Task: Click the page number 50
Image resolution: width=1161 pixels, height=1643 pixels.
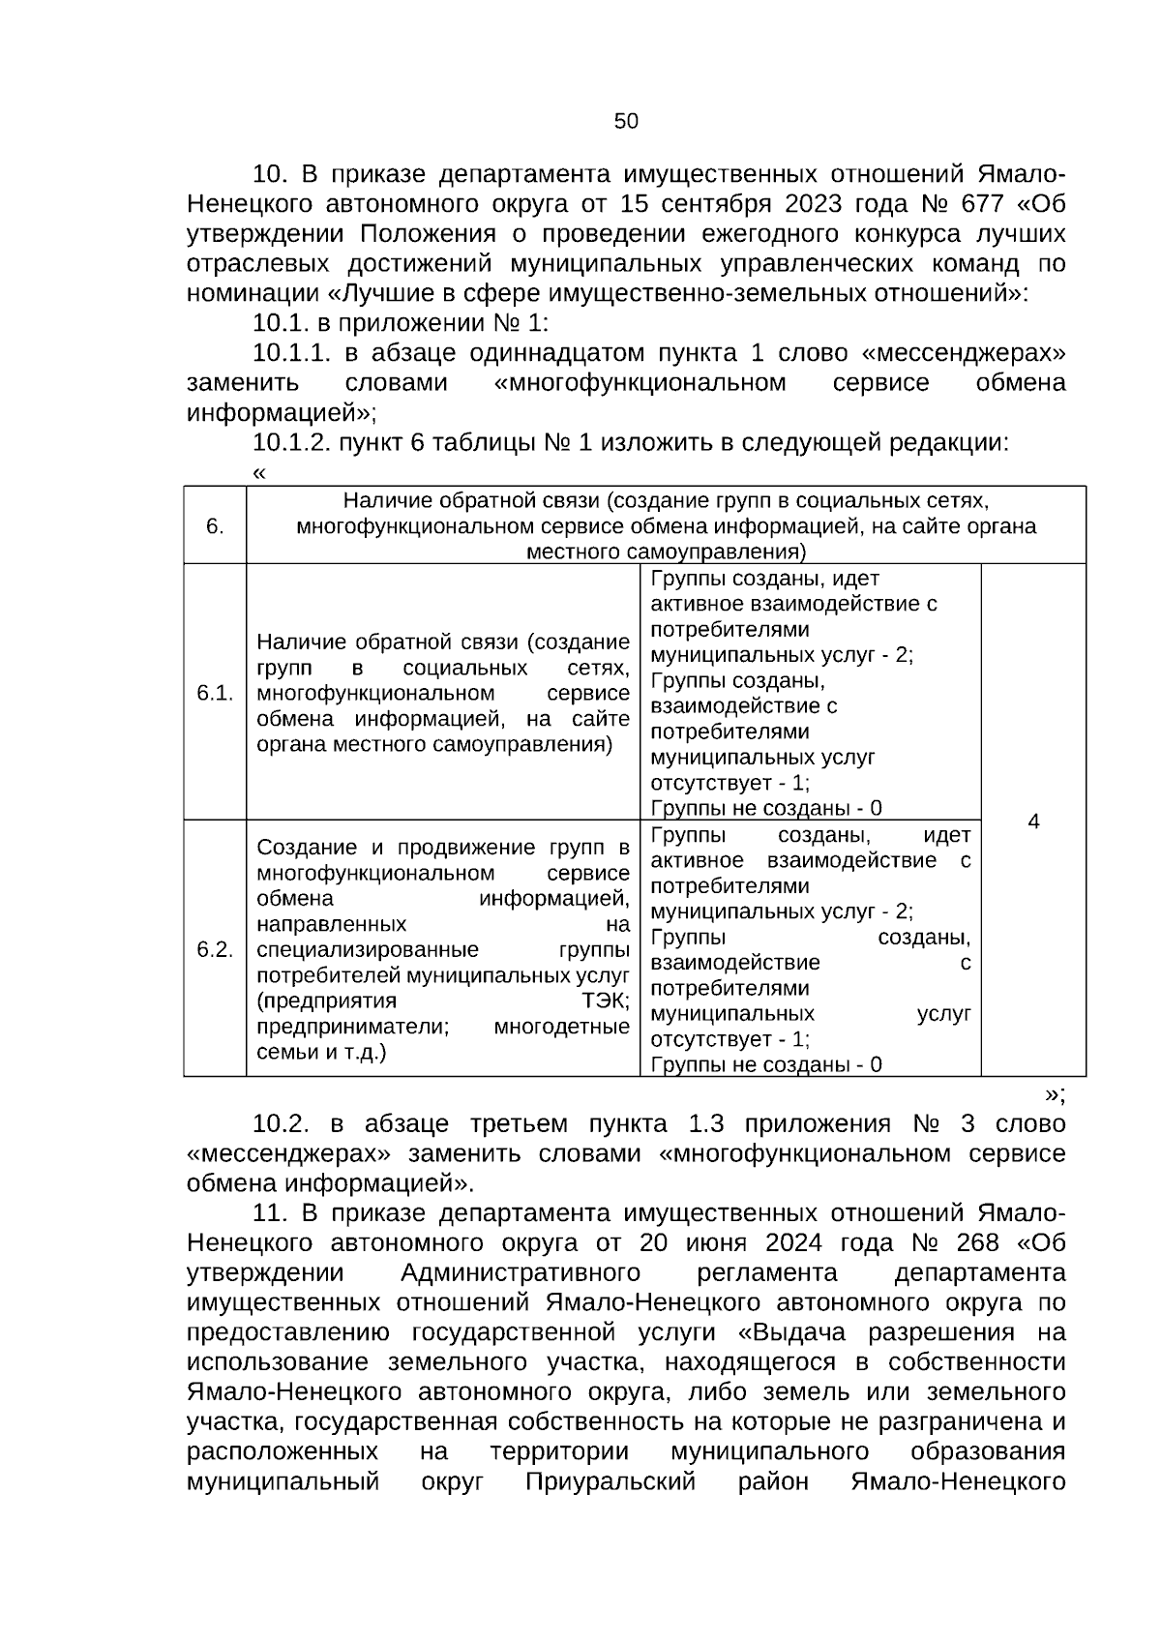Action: coord(626,121)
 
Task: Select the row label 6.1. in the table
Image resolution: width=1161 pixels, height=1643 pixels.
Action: coord(215,693)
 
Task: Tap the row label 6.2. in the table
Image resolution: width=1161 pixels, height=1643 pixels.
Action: coord(215,949)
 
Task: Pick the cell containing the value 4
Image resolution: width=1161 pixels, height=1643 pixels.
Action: coord(1033,821)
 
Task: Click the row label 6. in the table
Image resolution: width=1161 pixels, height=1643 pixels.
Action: coord(215,526)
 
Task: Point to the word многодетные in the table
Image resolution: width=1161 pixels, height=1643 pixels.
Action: coord(561,1026)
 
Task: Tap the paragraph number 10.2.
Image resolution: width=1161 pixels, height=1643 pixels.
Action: coord(281,1123)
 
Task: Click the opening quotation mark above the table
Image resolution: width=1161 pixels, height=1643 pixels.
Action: coord(258,473)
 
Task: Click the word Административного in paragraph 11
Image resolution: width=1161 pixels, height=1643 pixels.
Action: coord(521,1272)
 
